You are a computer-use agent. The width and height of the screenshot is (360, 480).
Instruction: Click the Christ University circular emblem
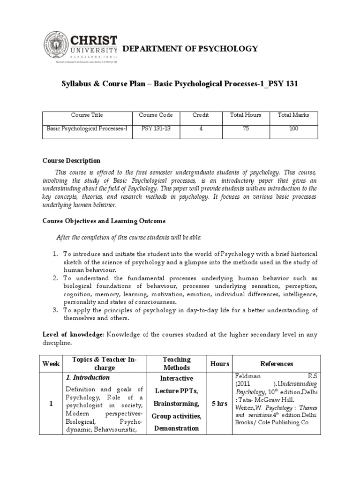pyautogui.click(x=56, y=46)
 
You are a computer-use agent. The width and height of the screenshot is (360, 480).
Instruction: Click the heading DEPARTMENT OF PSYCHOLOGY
pyautogui.click(x=190, y=48)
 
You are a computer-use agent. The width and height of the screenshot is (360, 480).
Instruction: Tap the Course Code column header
pyautogui.click(x=156, y=115)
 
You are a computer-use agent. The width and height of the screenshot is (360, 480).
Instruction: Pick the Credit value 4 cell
pyautogui.click(x=201, y=128)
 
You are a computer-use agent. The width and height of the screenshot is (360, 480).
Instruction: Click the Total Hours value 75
pyautogui.click(x=246, y=128)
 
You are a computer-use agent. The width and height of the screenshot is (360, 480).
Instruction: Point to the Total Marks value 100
pyautogui.click(x=293, y=128)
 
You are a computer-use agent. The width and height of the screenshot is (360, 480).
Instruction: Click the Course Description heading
pyautogui.click(x=71, y=161)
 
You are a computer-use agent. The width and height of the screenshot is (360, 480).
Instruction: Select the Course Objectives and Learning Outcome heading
pyautogui.click(x=104, y=221)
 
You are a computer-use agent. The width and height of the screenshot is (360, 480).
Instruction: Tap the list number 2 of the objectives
pyautogui.click(x=54, y=277)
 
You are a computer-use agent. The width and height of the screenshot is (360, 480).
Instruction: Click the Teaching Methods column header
pyautogui.click(x=176, y=364)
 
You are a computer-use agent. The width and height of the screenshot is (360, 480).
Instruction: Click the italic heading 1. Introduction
pyautogui.click(x=88, y=377)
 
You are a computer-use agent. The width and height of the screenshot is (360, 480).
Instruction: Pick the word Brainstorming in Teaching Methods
pyautogui.click(x=176, y=403)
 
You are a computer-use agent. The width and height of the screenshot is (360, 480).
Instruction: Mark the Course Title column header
pyautogui.click(x=87, y=115)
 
